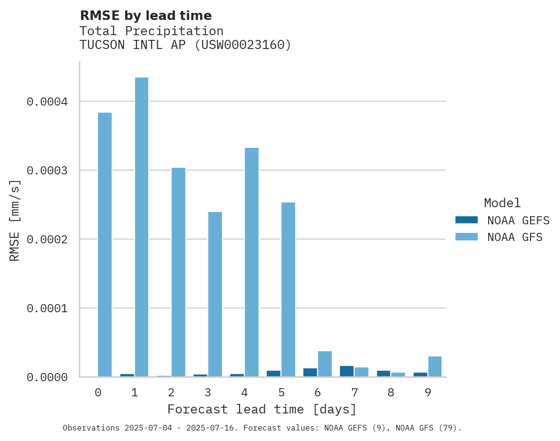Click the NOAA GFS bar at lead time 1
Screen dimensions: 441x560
click(x=142, y=227)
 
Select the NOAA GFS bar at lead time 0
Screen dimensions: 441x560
click(x=105, y=244)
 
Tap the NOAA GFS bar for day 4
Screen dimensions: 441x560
click(x=251, y=262)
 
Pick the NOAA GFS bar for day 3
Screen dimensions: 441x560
click(x=215, y=294)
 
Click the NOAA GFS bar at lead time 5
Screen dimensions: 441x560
click(x=288, y=289)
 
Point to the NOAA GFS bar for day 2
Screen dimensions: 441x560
click(x=178, y=272)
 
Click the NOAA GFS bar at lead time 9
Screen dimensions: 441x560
click(x=435, y=366)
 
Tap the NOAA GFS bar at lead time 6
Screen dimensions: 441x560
click(x=325, y=364)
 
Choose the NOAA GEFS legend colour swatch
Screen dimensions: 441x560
click(x=466, y=220)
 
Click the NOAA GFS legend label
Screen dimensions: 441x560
click(x=515, y=237)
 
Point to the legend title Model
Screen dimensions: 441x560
click(x=502, y=203)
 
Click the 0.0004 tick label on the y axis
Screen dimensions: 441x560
click(x=47, y=102)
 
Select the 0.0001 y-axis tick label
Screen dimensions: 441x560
click(x=47, y=308)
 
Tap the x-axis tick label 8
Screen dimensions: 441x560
click(x=391, y=393)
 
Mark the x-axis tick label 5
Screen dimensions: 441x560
click(x=281, y=393)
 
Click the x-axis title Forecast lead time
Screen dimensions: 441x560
click(x=262, y=409)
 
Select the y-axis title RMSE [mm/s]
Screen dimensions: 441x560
click(x=15, y=220)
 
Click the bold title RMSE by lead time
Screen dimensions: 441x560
click(x=145, y=16)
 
